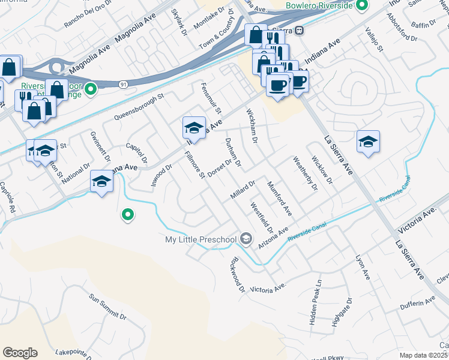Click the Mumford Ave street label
pos(279,199)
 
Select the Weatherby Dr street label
pos(304,174)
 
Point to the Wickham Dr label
pos(252,125)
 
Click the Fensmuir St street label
pos(211,98)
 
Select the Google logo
pos(20,353)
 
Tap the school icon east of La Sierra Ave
pos(368,142)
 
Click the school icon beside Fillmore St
pos(194,127)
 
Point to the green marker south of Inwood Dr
pos(127,214)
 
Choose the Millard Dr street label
pos(243,190)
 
